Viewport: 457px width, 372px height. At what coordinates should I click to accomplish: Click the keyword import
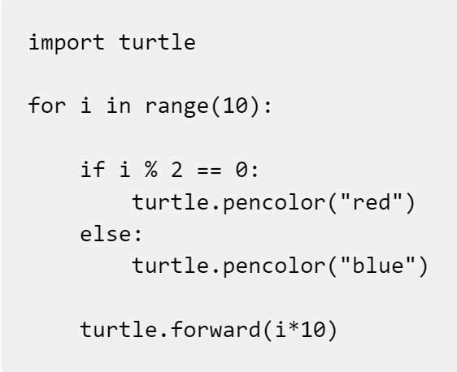pos(66,43)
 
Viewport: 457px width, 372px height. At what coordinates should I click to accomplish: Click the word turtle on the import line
pos(157,42)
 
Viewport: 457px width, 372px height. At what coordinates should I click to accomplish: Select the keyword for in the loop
pos(47,105)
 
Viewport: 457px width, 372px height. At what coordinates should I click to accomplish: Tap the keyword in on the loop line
pos(119,105)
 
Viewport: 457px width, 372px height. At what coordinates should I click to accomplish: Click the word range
pos(177,107)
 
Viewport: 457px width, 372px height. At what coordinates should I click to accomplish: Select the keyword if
pos(93,169)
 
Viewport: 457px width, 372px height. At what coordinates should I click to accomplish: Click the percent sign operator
pos(151,169)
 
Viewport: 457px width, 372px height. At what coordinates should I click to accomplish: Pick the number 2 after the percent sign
pos(176,170)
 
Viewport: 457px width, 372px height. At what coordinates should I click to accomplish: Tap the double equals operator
pos(209,170)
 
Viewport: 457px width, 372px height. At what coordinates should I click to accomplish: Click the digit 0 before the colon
pos(242,170)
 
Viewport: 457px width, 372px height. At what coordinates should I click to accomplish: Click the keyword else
pos(106,233)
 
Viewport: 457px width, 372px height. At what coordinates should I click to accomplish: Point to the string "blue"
pos(378,265)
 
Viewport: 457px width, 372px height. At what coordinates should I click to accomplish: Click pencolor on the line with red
pos(274,203)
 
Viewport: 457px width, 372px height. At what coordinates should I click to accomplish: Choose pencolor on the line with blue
pos(274,267)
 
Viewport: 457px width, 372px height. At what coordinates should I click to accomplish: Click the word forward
pos(215,329)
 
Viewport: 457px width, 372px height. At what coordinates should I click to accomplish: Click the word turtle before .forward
pos(119,329)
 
